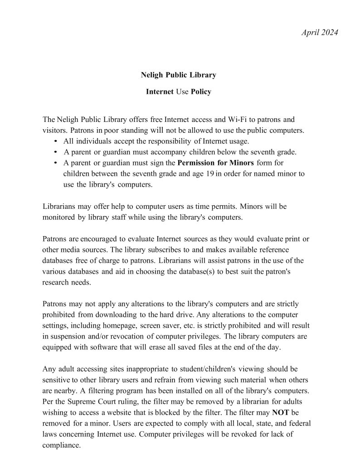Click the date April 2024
click(320, 32)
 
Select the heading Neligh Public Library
click(178, 75)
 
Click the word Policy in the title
click(201, 92)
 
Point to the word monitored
click(59, 217)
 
